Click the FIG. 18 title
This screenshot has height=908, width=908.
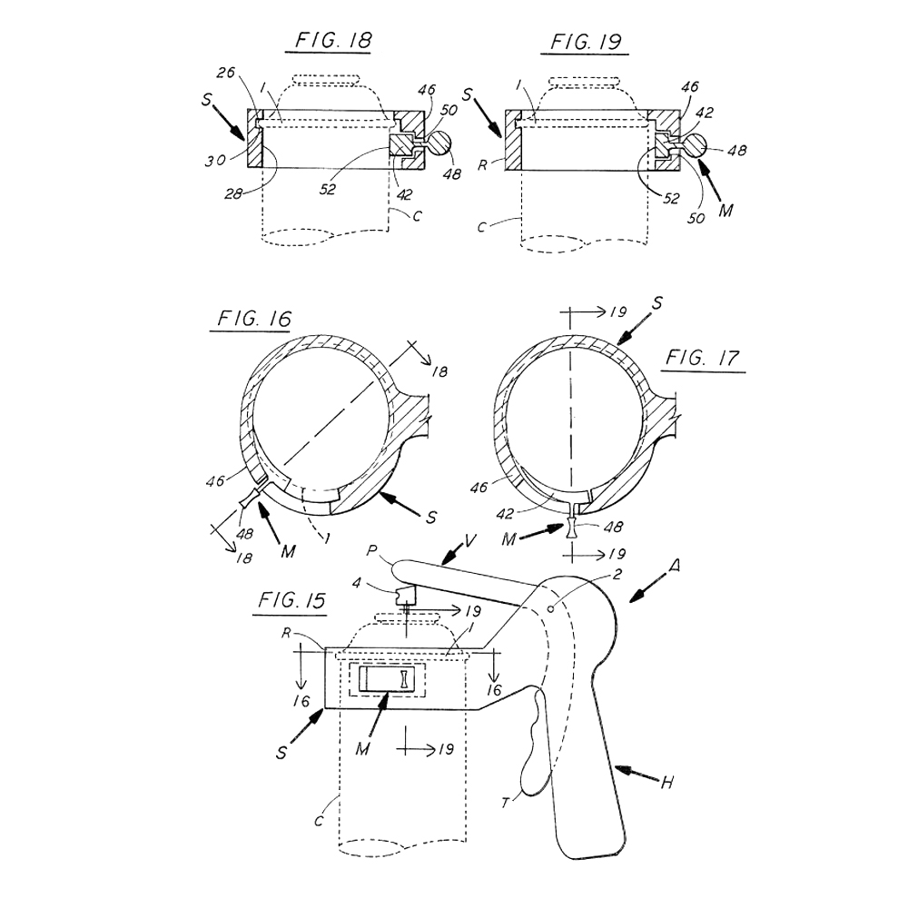coord(333,41)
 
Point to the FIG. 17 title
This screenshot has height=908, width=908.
coord(703,357)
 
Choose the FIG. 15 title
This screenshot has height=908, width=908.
coord(291,600)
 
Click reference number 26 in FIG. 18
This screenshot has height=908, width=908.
coord(226,73)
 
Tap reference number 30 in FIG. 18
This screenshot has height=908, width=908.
coord(214,160)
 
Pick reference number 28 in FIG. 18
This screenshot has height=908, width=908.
coord(233,194)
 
